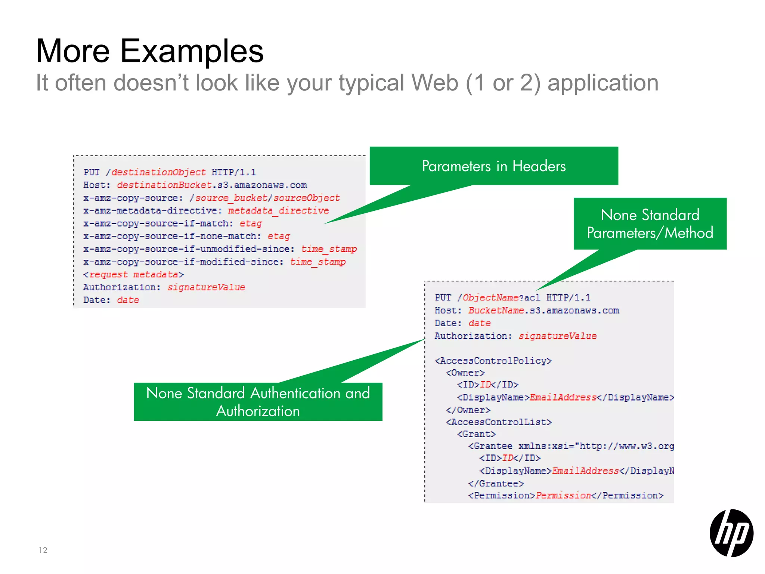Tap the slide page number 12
click(43, 550)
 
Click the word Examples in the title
click(192, 51)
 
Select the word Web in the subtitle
click(434, 83)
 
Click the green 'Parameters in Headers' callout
click(493, 166)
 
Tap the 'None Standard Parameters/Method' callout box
click(650, 223)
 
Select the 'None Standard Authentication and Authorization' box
click(258, 402)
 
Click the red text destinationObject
click(158, 172)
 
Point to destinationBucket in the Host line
click(164, 185)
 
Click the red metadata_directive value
click(278, 211)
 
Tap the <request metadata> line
click(133, 275)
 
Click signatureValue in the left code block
click(206, 287)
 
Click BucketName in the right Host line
click(496, 311)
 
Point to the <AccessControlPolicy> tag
click(493, 361)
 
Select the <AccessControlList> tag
click(499, 422)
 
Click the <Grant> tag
click(476, 434)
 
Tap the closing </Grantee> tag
click(496, 484)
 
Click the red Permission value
click(563, 496)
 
